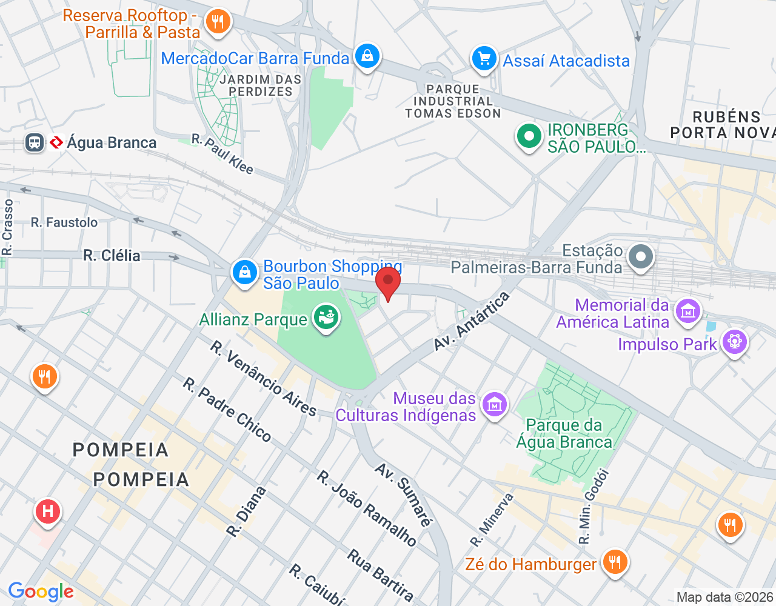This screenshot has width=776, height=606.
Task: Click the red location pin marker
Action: click(x=388, y=282)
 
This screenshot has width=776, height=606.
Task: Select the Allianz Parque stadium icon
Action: click(x=326, y=318)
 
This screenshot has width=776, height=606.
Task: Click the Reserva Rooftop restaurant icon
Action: click(x=218, y=22)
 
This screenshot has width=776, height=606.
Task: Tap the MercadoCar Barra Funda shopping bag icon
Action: click(x=367, y=56)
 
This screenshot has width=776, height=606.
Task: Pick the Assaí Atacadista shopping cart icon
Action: click(x=484, y=59)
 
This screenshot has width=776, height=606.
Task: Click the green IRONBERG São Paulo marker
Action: click(x=529, y=136)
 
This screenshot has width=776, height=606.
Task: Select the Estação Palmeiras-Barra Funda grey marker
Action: click(x=640, y=256)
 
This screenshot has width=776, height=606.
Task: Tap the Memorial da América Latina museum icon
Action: click(x=687, y=312)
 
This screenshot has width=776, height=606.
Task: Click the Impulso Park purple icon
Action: click(x=734, y=342)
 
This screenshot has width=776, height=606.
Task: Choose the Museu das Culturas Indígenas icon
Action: click(x=495, y=405)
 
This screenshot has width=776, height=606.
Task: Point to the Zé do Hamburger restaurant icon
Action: click(x=615, y=562)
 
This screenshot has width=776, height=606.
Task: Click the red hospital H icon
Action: click(x=48, y=511)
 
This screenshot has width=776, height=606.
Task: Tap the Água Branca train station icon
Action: click(x=35, y=142)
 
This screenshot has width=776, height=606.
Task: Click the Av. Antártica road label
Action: click(x=472, y=321)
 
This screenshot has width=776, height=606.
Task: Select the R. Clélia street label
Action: click(x=112, y=256)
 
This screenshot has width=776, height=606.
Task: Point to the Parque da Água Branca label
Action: click(x=564, y=433)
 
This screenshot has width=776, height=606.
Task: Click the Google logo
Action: click(x=41, y=591)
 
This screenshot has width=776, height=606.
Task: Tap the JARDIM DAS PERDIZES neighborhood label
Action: click(x=261, y=85)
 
